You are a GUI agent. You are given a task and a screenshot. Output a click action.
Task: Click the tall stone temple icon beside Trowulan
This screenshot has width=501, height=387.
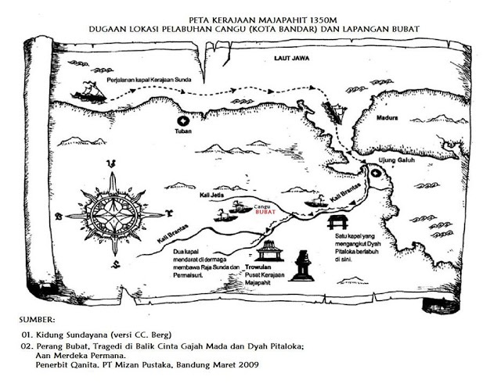(301, 264)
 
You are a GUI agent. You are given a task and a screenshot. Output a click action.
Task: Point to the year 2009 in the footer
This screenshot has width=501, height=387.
(255, 365)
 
